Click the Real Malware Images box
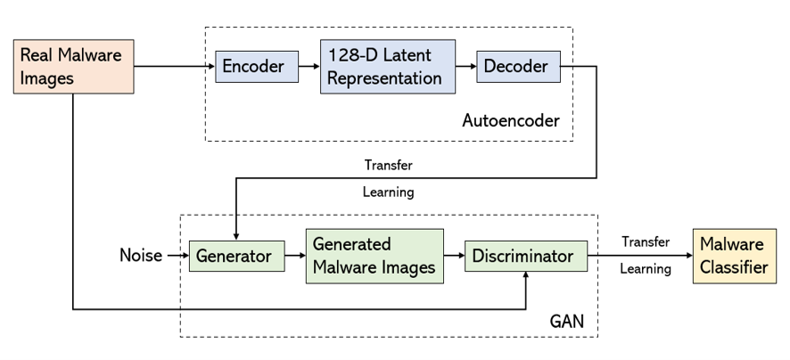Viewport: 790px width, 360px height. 73,67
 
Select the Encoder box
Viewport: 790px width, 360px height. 252,67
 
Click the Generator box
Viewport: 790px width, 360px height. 235,257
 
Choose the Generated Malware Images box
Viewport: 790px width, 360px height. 374,256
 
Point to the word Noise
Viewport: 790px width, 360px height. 141,257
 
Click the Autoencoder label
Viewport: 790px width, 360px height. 511,120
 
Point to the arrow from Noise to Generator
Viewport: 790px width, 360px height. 176,257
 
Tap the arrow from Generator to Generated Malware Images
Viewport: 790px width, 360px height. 294,257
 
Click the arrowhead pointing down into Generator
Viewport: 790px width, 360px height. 235,235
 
